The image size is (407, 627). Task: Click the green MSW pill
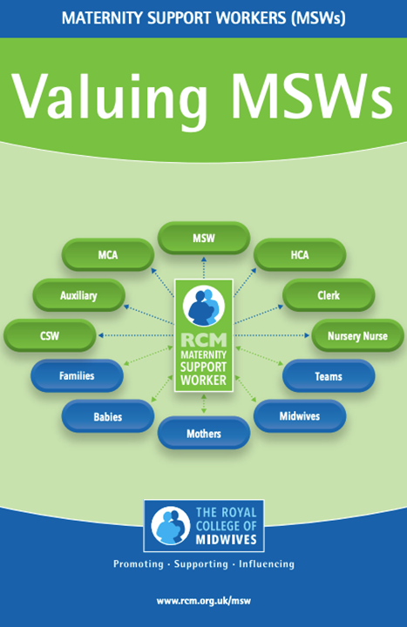pos(204,238)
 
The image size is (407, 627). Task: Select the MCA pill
pos(108,254)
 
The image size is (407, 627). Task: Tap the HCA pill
pos(300,254)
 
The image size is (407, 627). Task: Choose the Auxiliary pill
pos(78,295)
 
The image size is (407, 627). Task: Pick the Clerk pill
pos(329,295)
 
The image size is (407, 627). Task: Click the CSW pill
pos(50,335)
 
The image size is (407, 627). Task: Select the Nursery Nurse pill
pos(357,335)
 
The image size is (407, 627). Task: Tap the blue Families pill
pos(77,375)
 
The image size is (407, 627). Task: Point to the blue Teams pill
pos(329,375)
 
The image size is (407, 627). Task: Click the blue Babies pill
pos(108,416)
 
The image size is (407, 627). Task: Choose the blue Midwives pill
pos(300,416)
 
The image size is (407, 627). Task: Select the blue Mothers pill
pos(204,433)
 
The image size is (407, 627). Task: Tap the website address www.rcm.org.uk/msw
pos(204,601)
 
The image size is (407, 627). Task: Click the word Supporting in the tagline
pos(201,563)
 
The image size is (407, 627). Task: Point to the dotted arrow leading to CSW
pos(136,335)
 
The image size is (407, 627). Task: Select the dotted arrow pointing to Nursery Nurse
pos(272,335)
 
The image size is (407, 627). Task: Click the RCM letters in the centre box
pos(204,340)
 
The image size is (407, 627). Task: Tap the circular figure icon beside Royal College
pos(171,525)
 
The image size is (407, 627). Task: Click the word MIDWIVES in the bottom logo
pos(226,539)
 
